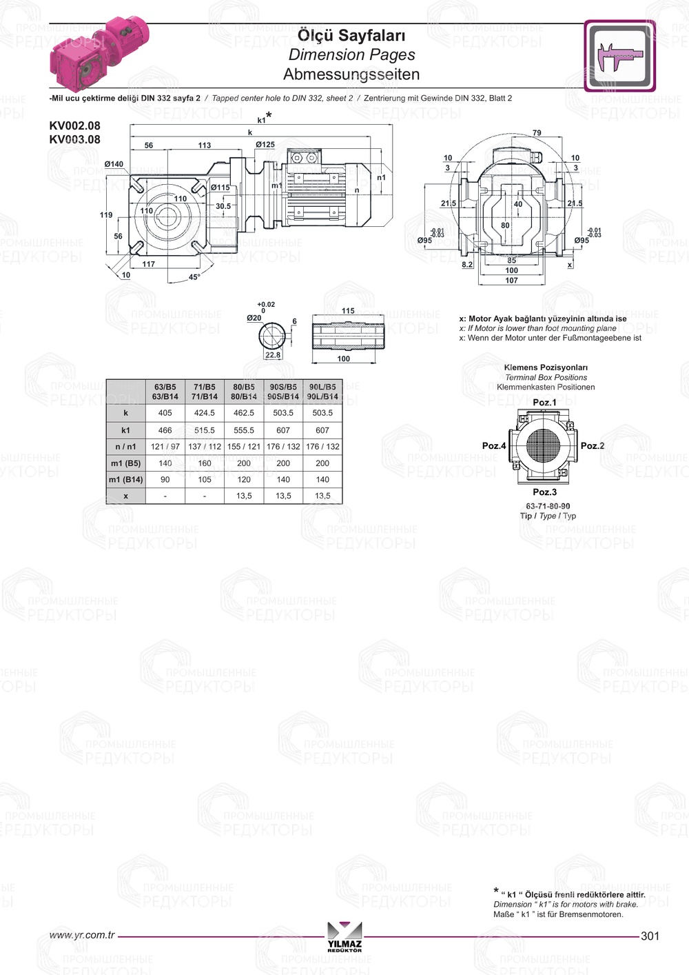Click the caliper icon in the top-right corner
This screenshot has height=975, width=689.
click(619, 55)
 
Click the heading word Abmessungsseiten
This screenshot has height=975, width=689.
click(351, 74)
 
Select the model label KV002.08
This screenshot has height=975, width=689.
click(74, 125)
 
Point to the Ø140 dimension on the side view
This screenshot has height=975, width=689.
click(114, 164)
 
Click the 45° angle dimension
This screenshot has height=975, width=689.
click(194, 277)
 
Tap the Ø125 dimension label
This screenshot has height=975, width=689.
click(265, 145)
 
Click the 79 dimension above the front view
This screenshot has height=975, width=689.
click(537, 133)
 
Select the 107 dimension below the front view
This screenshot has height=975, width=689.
click(511, 281)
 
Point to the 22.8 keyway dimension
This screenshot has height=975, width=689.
click(273, 355)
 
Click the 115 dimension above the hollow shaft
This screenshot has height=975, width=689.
click(348, 311)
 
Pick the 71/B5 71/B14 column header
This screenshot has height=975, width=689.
click(205, 392)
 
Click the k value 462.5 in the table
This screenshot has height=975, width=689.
click(244, 413)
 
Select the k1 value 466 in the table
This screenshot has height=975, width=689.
click(165, 430)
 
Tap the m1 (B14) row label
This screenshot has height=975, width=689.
click(126, 480)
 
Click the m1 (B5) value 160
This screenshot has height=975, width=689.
click(205, 463)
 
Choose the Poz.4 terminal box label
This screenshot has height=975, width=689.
click(493, 446)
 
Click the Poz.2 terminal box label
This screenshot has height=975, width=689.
click(592, 446)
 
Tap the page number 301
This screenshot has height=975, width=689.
click(650, 936)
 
